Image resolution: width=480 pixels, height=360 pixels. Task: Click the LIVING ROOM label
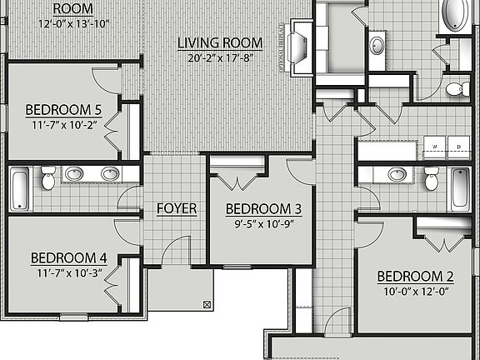pos(220,42)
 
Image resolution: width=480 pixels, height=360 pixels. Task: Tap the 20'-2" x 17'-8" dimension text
pos(220,57)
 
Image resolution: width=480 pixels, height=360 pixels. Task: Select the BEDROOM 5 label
pos(63,109)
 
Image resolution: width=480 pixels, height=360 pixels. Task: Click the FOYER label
pos(177,208)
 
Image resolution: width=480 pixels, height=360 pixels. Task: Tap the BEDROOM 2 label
pos(414,277)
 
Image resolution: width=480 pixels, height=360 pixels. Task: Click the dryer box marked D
pos(457,147)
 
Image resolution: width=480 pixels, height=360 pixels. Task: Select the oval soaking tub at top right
pos(455,16)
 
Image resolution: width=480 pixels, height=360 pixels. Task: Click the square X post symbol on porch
pos(206,306)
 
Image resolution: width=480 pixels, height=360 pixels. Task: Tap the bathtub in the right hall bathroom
pos(459,189)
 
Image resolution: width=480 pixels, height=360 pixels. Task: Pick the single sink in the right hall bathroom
pos(397,174)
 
